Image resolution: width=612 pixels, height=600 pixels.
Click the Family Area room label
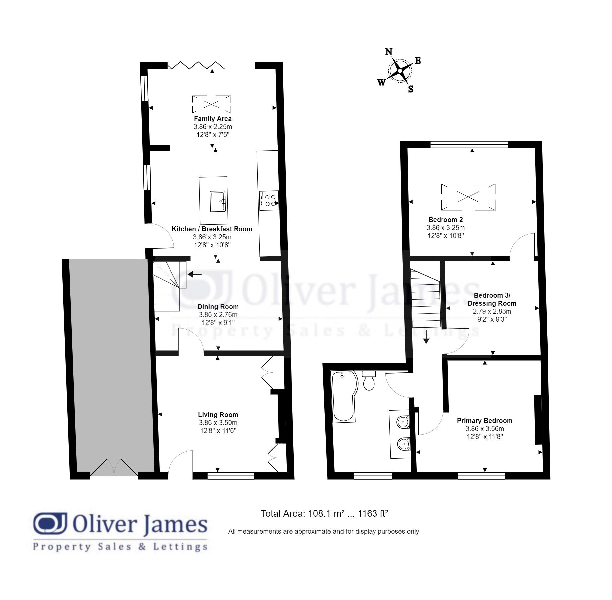tap(213, 119)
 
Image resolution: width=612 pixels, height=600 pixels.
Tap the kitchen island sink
tap(218, 201)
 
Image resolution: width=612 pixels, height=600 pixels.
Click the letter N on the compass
tap(389, 52)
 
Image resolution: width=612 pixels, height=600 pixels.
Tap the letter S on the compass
tap(411, 89)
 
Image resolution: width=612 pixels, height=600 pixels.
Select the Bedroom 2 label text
tap(445, 220)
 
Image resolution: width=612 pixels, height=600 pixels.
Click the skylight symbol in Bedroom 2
tap(468, 197)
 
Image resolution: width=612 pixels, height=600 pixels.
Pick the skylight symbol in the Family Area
tap(211, 104)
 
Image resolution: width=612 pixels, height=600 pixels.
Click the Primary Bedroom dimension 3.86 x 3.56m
tap(485, 429)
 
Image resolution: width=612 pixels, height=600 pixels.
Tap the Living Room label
tap(218, 415)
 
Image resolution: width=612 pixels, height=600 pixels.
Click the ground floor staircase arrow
tap(195, 274)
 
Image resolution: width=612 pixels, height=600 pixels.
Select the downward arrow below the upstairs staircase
tap(426, 337)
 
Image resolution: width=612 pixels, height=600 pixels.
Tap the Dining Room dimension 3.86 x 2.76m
tap(218, 315)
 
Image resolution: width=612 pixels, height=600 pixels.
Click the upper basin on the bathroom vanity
tap(403, 422)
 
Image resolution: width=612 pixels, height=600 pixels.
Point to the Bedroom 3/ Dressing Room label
tap(492, 299)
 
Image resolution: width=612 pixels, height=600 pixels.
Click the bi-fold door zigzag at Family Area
tap(196, 65)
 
